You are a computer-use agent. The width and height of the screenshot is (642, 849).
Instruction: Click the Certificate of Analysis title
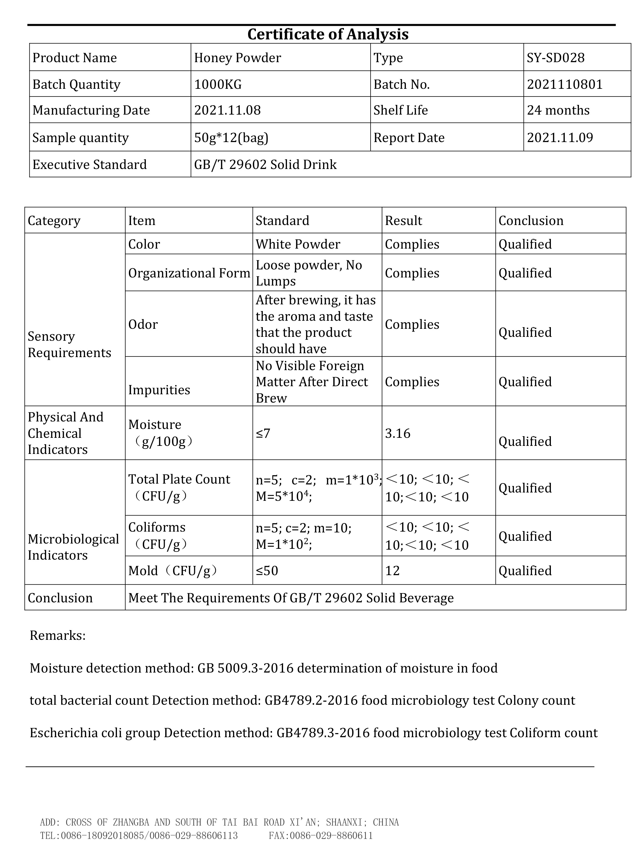click(328, 34)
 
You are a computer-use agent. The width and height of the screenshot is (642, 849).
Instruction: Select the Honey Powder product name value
click(238, 58)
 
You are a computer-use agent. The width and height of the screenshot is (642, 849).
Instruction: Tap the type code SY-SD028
click(556, 58)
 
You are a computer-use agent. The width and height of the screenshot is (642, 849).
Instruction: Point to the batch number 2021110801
click(564, 84)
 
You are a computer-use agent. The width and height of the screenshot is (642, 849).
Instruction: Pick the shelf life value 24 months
click(558, 110)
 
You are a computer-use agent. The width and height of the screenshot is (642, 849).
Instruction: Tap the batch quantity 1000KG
click(218, 84)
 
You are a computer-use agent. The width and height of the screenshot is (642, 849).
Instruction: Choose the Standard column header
click(283, 220)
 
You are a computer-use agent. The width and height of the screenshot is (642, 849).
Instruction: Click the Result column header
click(403, 220)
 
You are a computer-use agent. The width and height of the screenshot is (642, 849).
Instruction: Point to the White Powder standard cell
click(298, 244)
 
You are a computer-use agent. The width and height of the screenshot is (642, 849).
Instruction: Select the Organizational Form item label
click(189, 273)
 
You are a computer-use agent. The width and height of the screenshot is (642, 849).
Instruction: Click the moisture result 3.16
click(398, 433)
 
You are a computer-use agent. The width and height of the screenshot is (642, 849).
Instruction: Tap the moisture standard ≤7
click(263, 433)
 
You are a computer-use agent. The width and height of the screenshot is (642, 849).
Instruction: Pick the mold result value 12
click(392, 571)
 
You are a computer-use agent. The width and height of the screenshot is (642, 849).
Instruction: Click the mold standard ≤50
click(267, 571)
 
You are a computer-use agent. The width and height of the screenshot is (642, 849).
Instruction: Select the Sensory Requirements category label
click(69, 344)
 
